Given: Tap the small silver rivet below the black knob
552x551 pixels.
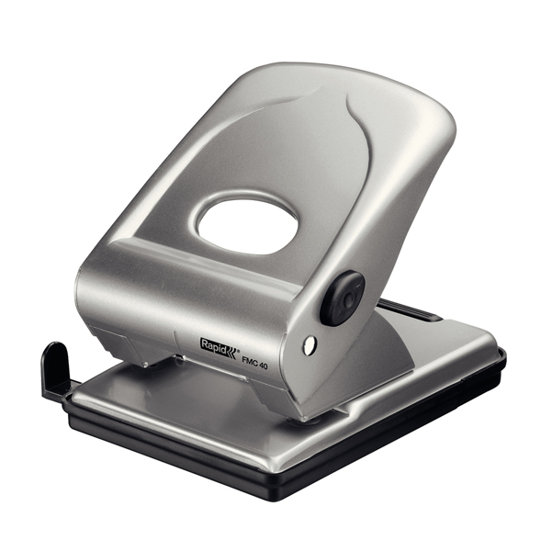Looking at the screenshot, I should (310, 344).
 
